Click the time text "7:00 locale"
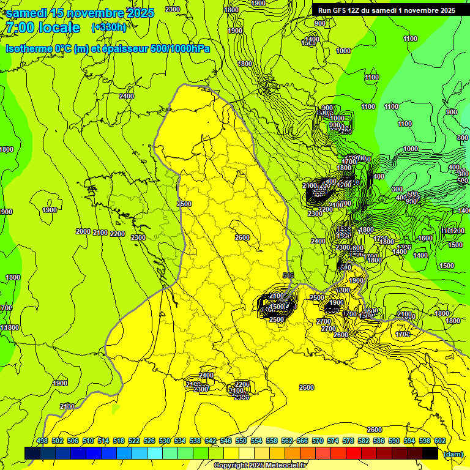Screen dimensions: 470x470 click(42, 28)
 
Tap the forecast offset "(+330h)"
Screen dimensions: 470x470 click(109, 27)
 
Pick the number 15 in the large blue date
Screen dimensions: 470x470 click(59, 12)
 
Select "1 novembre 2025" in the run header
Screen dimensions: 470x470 click(426, 10)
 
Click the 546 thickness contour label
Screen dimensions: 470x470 click(289, 277)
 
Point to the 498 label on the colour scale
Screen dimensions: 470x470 click(42, 441)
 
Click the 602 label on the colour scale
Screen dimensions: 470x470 click(439, 441)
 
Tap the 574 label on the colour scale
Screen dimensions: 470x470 click(333, 441)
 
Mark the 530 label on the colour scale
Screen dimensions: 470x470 click(165, 441)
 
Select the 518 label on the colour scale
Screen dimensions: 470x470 click(119, 441)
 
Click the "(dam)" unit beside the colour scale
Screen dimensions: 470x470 click(453, 453)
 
